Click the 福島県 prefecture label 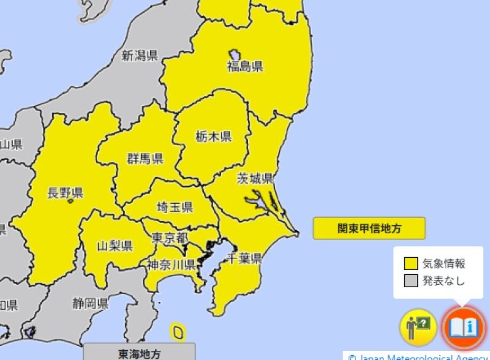coord(245,66)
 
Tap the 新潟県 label coord(140,56)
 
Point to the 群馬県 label coord(145,159)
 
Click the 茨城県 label coord(255,179)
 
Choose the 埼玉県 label coord(175,207)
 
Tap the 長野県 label coord(65,194)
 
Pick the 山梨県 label coord(115,246)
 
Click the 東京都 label coord(170,237)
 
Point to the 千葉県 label coord(244,258)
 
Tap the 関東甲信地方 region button coord(369,228)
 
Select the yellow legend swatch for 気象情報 coord(410,264)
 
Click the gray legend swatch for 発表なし coord(410,281)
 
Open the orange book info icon coord(463,327)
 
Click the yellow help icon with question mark coord(418,327)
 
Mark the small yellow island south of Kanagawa coord(178,332)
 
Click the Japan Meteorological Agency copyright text coord(419,356)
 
